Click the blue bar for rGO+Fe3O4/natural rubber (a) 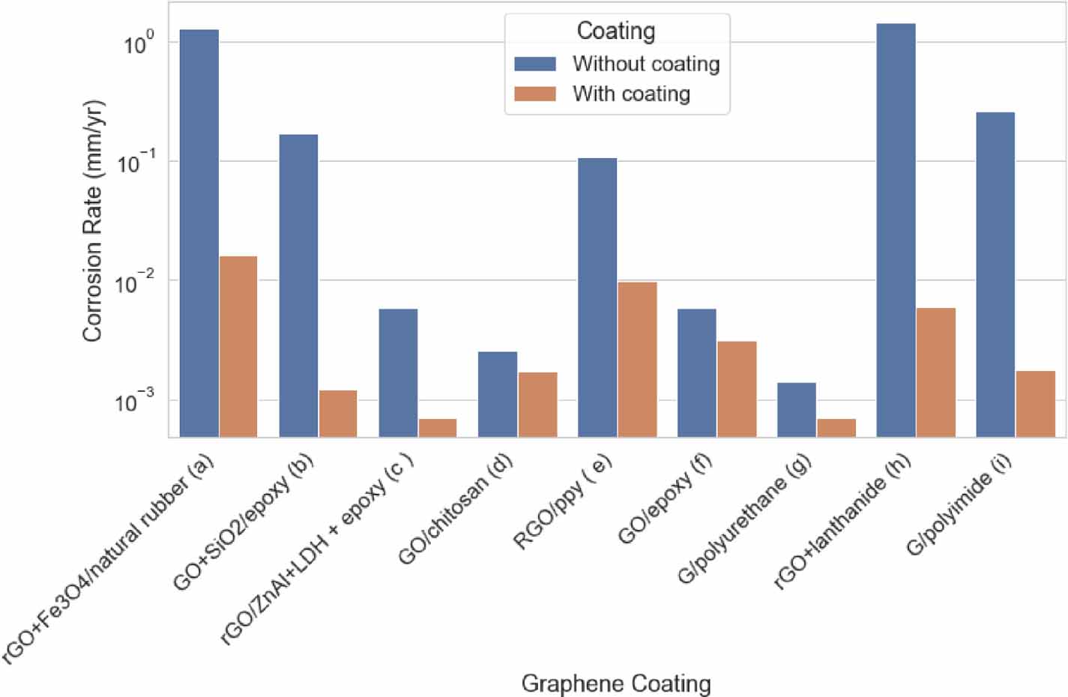(x=199, y=233)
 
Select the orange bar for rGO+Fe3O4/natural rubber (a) (x=238, y=346)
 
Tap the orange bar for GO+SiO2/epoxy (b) (x=338, y=413)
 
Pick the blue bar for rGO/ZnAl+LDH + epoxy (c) (x=398, y=372)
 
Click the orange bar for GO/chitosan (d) (x=537, y=404)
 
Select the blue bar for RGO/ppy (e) (x=597, y=297)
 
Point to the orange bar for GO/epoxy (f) (x=737, y=388)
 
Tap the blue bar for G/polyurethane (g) (x=797, y=409)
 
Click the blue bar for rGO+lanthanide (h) (x=896, y=230)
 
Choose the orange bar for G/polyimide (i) (x=1035, y=403)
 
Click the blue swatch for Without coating (x=535, y=64)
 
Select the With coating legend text (x=631, y=94)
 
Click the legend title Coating (x=616, y=31)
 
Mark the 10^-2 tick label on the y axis (x=135, y=283)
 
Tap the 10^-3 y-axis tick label (x=135, y=402)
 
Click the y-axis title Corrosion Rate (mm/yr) (x=93, y=221)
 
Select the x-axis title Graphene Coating (x=616, y=683)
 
